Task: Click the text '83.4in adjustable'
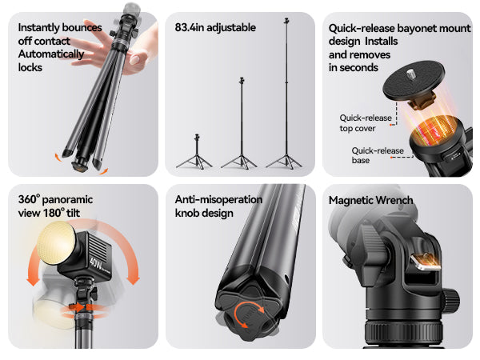tap(215, 27)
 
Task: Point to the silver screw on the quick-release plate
tap(410, 74)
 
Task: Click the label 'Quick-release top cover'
tap(366, 123)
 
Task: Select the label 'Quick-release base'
tap(378, 155)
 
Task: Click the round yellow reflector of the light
tap(56, 242)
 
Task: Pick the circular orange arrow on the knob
tap(249, 314)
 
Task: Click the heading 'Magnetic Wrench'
tap(370, 201)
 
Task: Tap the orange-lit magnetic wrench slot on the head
tap(425, 261)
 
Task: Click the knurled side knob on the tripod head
tap(450, 301)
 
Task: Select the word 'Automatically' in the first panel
tap(51, 54)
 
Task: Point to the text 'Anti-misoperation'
tap(218, 199)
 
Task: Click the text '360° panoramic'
tap(55, 199)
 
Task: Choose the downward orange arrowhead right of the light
tap(134, 280)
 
